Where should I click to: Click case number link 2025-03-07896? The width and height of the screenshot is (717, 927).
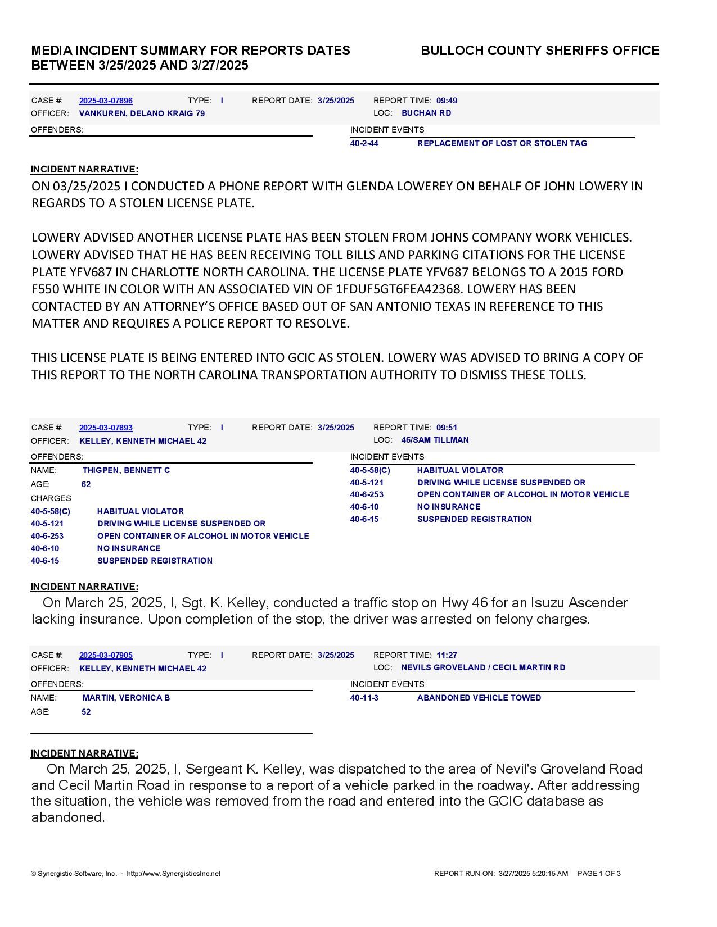(106, 101)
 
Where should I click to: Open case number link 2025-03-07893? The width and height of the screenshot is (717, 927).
(106, 428)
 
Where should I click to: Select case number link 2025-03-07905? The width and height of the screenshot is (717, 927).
(106, 655)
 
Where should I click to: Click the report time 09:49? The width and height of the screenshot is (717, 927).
(447, 101)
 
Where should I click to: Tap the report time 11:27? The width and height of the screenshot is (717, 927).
(447, 655)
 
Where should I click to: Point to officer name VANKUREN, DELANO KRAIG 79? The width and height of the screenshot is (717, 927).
(142, 113)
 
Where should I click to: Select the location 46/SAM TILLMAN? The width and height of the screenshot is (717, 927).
(435, 440)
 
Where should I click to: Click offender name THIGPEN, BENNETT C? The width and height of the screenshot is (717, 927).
(126, 470)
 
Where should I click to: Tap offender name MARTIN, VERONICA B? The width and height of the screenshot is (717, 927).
(126, 698)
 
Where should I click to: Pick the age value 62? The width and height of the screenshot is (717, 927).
(86, 484)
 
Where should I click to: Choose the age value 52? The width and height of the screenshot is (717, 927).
(86, 712)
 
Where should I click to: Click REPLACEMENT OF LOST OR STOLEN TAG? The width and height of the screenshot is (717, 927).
(502, 143)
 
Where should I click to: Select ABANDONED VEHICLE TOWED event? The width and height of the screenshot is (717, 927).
(479, 698)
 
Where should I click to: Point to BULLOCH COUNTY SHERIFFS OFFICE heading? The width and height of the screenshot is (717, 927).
(540, 51)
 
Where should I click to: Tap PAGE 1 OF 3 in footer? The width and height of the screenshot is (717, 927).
(599, 874)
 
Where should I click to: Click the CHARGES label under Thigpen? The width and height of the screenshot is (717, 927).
(51, 498)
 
